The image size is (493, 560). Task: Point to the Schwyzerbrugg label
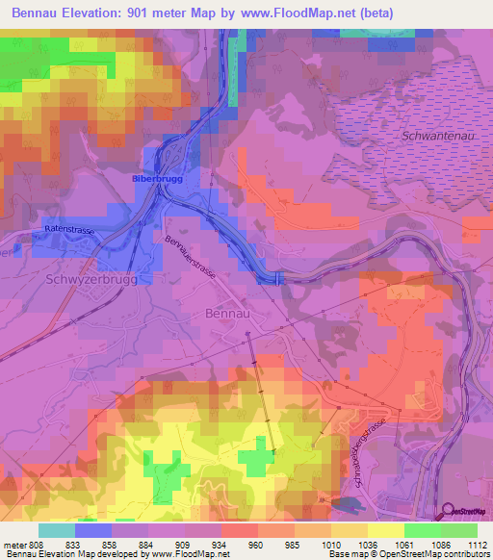click(x=86, y=278)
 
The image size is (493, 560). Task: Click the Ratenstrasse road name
click(x=68, y=229)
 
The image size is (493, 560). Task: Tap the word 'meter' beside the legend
click(x=13, y=544)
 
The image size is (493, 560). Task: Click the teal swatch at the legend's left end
click(x=57, y=530)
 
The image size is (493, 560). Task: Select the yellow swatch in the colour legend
click(x=385, y=530)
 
